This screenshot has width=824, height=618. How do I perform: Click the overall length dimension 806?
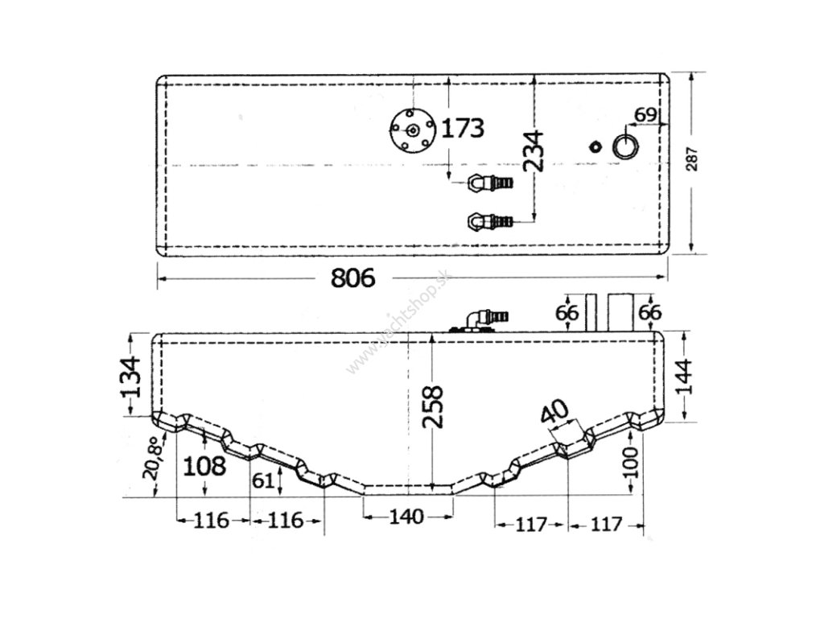click(354, 278)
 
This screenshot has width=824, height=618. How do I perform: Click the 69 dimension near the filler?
click(645, 114)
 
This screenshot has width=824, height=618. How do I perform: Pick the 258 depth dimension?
click(433, 408)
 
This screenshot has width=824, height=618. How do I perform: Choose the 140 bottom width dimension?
click(406, 517)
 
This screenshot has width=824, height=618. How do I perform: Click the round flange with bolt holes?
click(411, 130)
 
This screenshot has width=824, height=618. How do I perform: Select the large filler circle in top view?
click(625, 146)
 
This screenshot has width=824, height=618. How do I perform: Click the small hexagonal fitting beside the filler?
click(595, 146)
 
